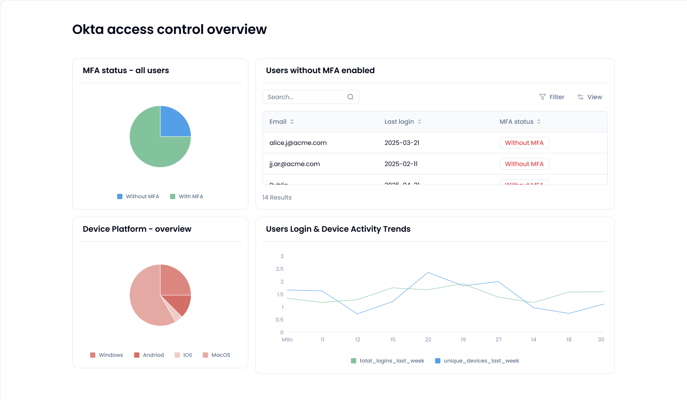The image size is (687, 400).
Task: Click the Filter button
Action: [x=552, y=97]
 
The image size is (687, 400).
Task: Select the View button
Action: [x=590, y=97]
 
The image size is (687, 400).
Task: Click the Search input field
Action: [x=306, y=97]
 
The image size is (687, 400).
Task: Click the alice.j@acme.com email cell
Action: [x=298, y=143]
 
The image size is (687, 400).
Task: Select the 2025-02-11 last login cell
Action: [x=401, y=164]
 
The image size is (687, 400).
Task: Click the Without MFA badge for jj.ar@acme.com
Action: [x=524, y=164]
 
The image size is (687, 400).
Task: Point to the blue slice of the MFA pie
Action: [x=174, y=122]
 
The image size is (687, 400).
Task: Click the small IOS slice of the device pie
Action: [x=177, y=317]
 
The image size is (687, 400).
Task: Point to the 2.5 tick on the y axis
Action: [x=280, y=269]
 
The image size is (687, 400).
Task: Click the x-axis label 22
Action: [x=428, y=340]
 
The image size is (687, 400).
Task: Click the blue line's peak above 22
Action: [x=428, y=273]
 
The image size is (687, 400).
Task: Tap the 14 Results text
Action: [x=277, y=197]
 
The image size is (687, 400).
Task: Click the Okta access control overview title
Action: [x=170, y=30]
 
